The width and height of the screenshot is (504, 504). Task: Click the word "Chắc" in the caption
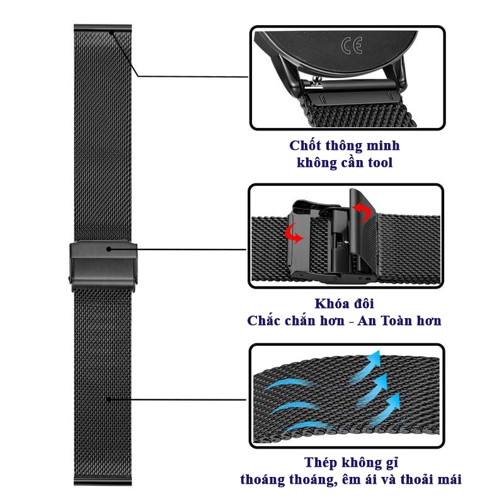pyautogui.click(x=263, y=321)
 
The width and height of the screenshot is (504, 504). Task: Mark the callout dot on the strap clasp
pyautogui.click(x=109, y=249)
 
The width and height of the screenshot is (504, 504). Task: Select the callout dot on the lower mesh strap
pyautogui.click(x=109, y=399)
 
